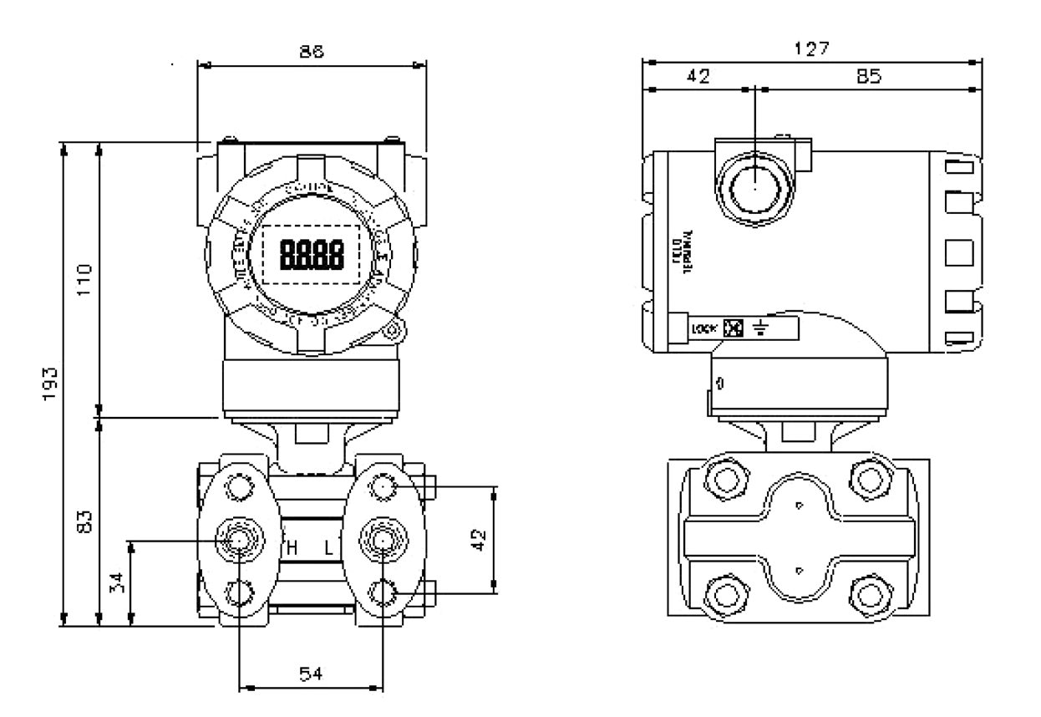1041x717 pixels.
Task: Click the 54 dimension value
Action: point(311,673)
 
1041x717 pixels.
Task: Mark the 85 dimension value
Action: point(869,76)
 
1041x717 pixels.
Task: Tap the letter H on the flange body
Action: point(292,548)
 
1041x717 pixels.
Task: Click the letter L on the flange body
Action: point(329,548)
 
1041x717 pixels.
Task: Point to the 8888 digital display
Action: point(311,253)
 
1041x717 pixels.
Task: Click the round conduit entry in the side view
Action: point(754,186)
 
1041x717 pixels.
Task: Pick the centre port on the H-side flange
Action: point(239,540)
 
